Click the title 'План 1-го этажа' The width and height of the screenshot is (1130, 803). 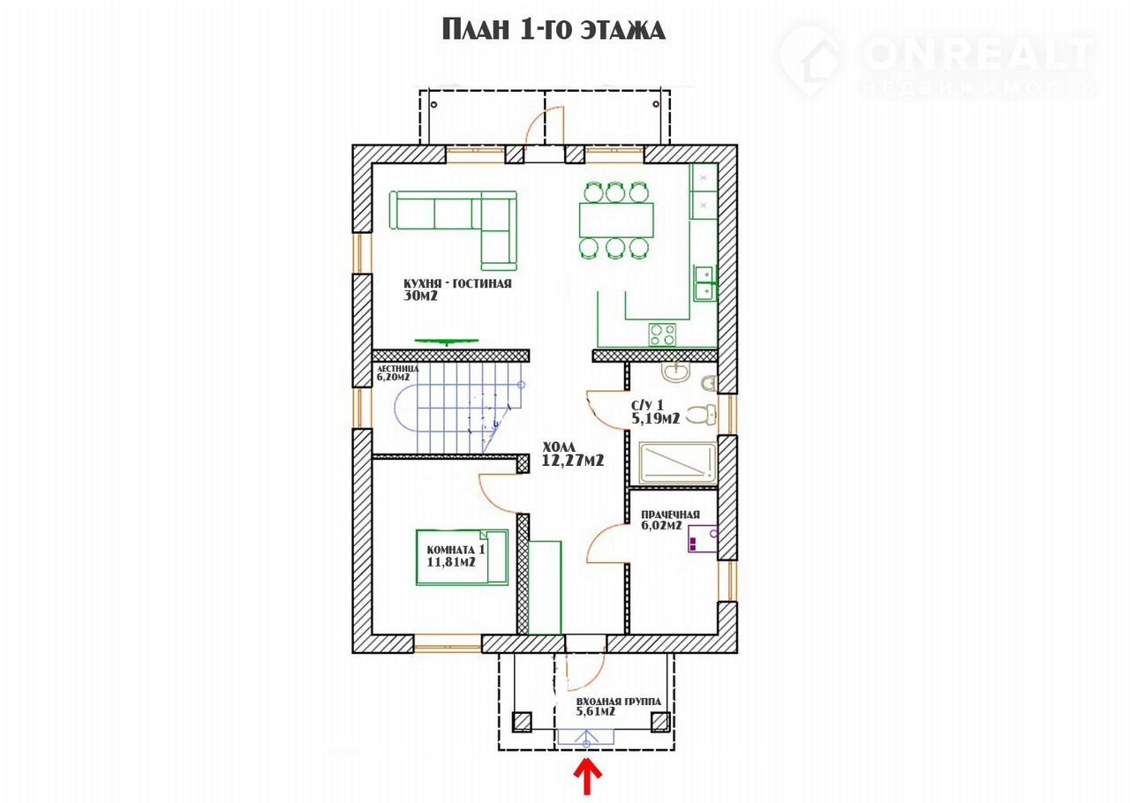(554, 29)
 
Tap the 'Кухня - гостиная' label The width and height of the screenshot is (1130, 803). (457, 283)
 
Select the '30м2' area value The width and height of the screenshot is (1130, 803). (420, 296)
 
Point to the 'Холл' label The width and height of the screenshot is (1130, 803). (559, 447)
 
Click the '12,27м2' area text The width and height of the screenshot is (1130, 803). (573, 460)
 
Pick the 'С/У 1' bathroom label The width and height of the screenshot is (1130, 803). (647, 405)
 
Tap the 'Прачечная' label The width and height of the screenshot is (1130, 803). (670, 514)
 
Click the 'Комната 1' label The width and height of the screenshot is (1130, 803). (456, 550)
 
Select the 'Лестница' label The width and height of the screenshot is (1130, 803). (397, 369)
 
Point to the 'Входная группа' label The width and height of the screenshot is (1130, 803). (619, 702)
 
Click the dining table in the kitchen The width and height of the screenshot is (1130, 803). (616, 220)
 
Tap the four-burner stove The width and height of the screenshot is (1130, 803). (662, 334)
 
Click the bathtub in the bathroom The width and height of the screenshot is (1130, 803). (677, 462)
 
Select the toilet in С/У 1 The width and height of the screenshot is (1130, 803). (702, 414)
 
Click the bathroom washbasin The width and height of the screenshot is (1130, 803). (675, 372)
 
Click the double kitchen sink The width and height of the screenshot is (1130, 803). (704, 283)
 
